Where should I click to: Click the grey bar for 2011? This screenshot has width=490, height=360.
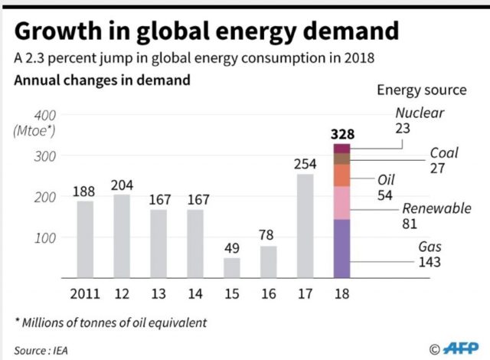click(85, 240)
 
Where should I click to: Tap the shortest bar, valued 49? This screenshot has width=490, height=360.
click(231, 268)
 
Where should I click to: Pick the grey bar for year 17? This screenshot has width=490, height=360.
click(304, 227)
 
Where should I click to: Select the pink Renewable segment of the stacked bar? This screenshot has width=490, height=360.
click(341, 203)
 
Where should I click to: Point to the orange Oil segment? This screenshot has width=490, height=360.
click(341, 175)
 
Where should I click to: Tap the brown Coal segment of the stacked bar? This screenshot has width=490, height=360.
click(341, 159)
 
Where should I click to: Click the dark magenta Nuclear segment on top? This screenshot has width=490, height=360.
click(341, 149)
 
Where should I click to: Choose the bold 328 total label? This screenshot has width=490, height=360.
click(342, 134)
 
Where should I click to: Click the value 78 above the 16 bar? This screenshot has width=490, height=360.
click(268, 234)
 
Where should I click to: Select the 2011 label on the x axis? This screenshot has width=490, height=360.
click(85, 295)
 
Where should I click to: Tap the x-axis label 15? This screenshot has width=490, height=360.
click(231, 295)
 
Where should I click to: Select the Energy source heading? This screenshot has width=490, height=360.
click(421, 90)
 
